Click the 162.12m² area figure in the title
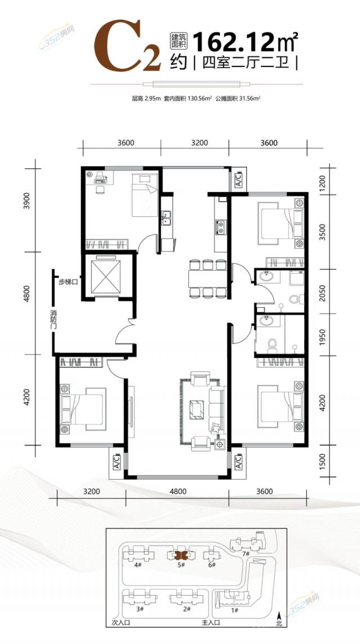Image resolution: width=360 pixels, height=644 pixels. (245, 42)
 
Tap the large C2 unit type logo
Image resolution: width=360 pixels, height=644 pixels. (127, 47)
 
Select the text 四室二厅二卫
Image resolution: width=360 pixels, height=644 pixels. (245, 64)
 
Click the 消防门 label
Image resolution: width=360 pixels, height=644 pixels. (51, 320)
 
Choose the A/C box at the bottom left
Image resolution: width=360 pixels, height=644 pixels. (116, 463)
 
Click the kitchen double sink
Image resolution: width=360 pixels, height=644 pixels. (166, 218)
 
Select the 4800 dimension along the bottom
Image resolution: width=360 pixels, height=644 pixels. (177, 491)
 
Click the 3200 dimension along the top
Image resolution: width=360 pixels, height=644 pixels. (200, 144)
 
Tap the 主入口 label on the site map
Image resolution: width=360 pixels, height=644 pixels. (211, 634)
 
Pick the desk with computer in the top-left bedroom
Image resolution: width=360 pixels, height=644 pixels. (101, 178)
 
